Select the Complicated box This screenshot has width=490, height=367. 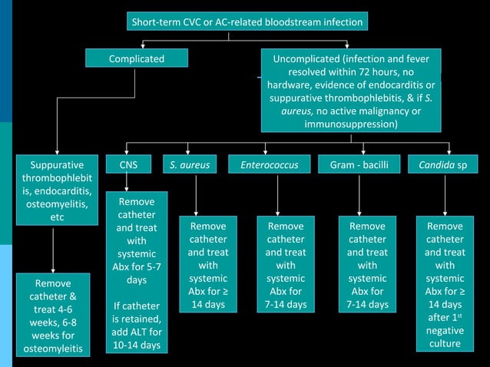(136, 58)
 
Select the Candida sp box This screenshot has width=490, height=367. (448, 164)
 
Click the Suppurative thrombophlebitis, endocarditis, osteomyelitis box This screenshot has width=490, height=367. (52, 191)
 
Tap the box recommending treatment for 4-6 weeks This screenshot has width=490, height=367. (52, 314)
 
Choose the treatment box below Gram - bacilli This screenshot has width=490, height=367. (367, 266)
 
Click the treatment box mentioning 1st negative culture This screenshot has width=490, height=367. (445, 285)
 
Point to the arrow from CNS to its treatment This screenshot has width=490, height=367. (127, 183)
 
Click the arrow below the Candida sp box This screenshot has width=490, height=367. (445, 195)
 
